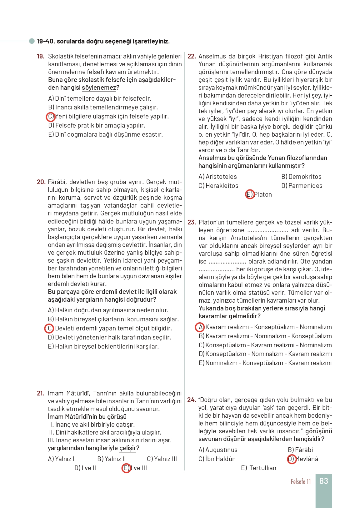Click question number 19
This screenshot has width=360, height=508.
click(40, 57)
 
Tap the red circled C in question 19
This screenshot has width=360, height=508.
click(51, 117)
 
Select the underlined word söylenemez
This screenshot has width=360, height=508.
click(99, 88)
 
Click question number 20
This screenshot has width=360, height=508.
click(41, 182)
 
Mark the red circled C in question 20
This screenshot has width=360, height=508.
click(49, 329)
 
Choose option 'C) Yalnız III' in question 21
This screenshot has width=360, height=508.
click(162, 459)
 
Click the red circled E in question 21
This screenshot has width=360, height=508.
click(126, 468)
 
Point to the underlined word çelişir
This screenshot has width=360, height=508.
click(128, 448)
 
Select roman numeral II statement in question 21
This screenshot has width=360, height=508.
click(105, 432)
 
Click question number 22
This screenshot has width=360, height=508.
click(192, 57)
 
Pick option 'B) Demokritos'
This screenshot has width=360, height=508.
click(301, 177)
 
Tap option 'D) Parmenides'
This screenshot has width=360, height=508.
click(302, 186)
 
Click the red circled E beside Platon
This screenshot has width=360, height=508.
click(250, 194)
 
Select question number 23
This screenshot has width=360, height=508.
click(192, 222)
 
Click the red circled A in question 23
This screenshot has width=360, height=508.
click(200, 327)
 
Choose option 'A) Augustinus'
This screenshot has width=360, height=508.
click(218, 450)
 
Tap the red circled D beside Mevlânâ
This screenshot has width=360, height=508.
click(291, 459)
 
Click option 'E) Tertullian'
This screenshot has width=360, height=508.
click(258, 468)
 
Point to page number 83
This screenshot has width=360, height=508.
click(323, 481)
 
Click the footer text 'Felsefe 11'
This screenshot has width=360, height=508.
click(301, 481)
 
